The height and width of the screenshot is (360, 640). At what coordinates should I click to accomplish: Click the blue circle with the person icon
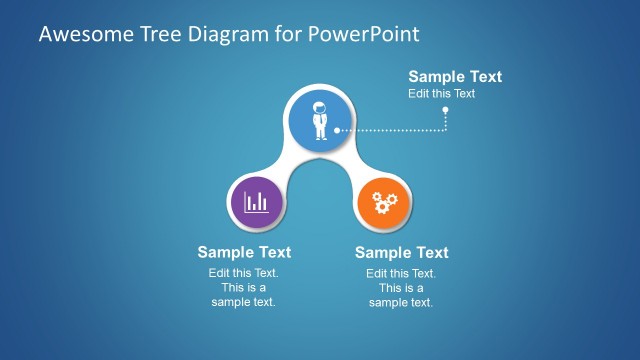321,119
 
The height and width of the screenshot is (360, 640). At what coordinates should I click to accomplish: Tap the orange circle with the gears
384,201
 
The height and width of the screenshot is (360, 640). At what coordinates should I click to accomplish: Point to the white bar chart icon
257,201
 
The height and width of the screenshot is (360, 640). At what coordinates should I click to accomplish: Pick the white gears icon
384,202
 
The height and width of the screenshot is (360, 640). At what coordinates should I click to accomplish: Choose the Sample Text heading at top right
455,77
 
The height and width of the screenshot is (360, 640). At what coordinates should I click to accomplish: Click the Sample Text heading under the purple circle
244,252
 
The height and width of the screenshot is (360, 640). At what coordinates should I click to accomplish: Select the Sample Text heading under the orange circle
401,252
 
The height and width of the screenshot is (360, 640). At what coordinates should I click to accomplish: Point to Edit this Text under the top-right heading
441,93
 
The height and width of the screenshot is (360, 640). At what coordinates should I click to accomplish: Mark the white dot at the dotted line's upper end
446,110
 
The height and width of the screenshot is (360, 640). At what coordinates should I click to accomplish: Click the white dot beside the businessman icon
337,130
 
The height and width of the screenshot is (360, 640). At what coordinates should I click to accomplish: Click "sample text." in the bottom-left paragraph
243,302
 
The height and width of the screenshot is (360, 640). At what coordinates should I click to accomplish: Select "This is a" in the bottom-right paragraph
401,288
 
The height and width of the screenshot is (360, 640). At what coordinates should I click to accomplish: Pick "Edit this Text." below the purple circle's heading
243,273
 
